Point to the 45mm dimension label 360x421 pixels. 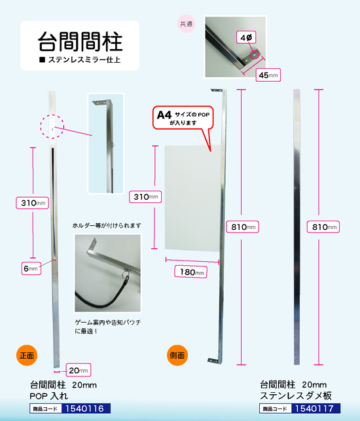tap(268, 75)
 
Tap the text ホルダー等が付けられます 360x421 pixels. tap(107, 225)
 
